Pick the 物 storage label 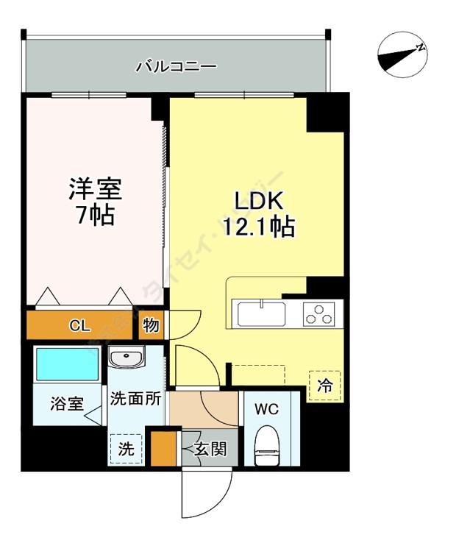tap(150, 324)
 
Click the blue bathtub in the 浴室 tap(68, 364)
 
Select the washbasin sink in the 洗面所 tap(127, 358)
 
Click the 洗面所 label tap(135, 400)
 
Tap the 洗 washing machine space tap(127, 450)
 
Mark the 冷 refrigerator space tap(324, 384)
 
